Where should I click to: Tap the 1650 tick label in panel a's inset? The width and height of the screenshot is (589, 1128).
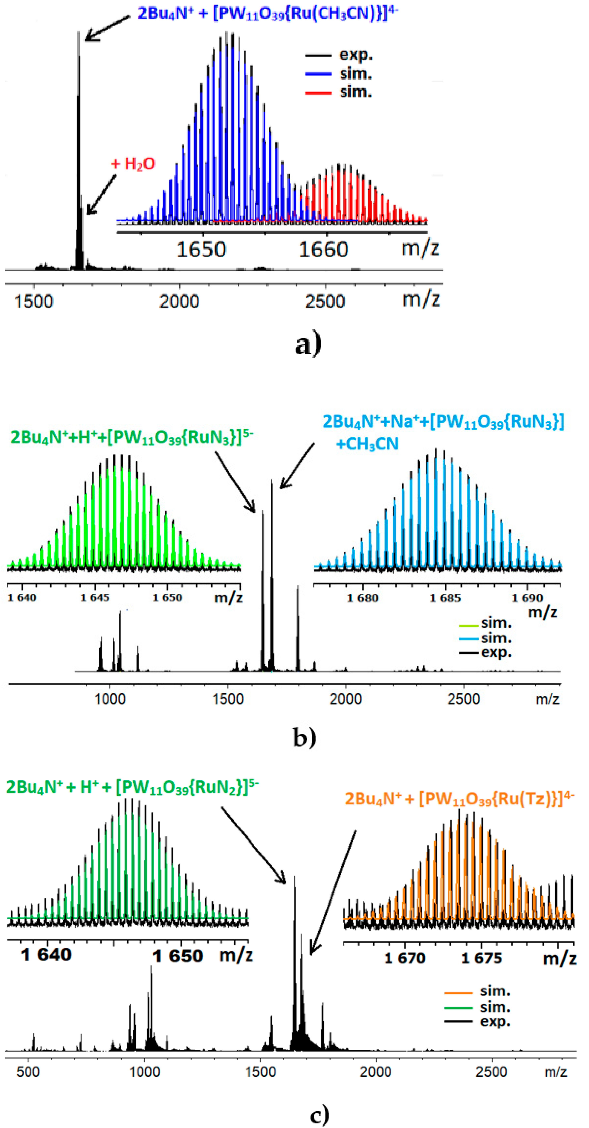pos(201,250)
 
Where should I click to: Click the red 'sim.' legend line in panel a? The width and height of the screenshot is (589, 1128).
pos(318,92)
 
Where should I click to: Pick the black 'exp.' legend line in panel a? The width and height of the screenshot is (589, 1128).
pos(318,55)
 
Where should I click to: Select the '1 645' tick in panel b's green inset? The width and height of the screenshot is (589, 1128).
pos(95,598)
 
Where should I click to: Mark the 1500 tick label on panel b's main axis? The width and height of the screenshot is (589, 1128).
pos(228,699)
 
